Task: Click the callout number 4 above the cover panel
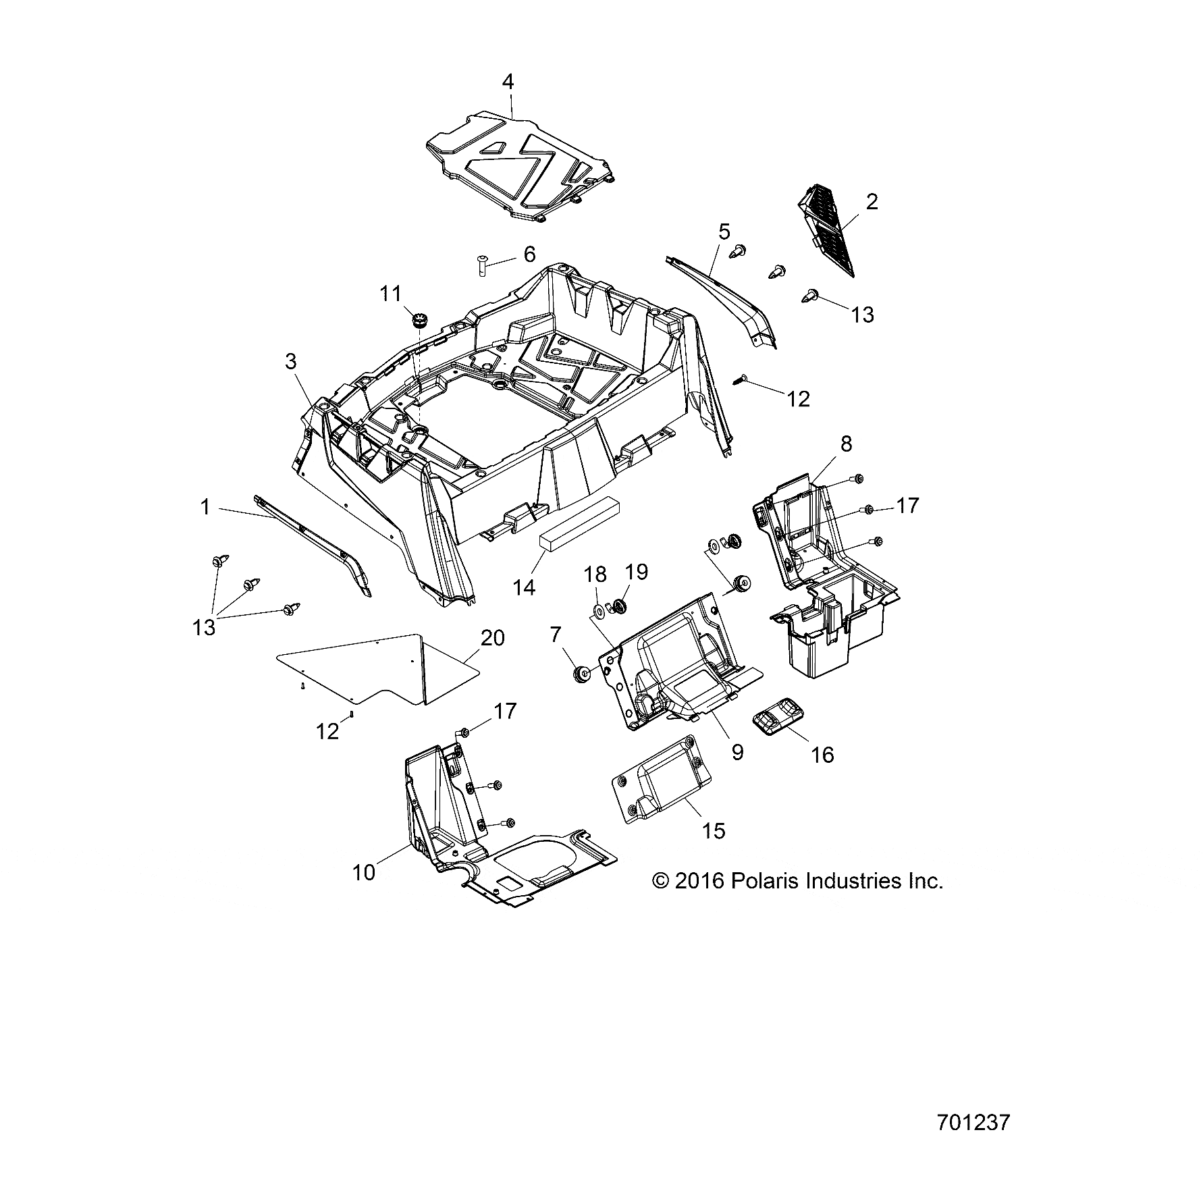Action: tap(508, 82)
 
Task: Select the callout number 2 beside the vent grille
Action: tap(872, 202)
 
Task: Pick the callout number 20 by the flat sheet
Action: tap(492, 638)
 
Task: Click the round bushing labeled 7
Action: tap(579, 674)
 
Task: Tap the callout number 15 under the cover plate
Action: tap(713, 830)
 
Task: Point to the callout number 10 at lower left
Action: tap(363, 873)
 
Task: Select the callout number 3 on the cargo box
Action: tap(290, 362)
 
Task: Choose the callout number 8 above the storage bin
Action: tap(846, 444)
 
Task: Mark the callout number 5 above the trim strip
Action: tap(724, 232)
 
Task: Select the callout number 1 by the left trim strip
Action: tap(205, 507)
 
